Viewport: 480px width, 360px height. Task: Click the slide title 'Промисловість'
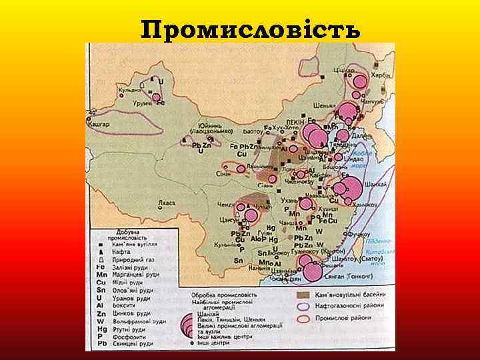pos(251,29)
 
